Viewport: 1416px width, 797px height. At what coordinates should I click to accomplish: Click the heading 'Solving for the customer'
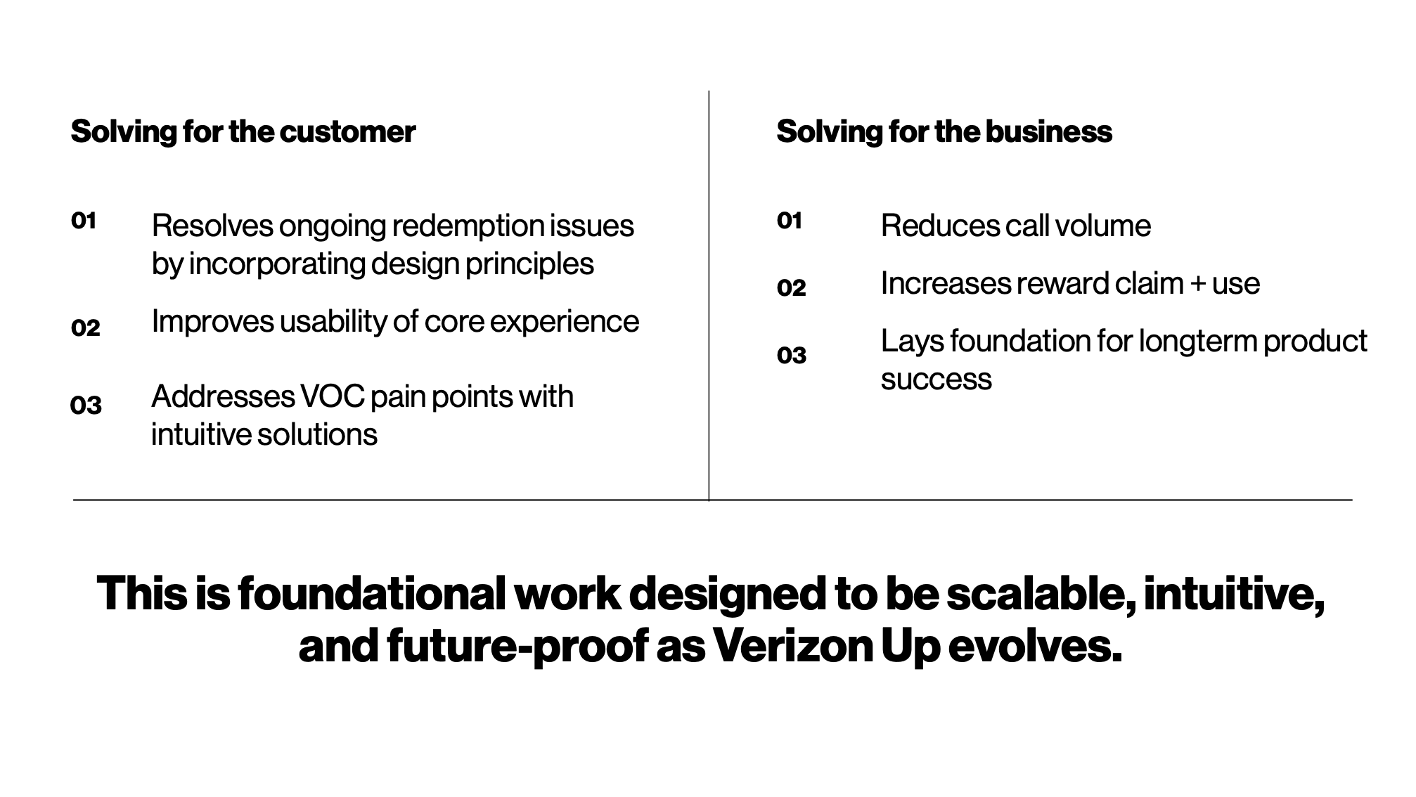pyautogui.click(x=243, y=132)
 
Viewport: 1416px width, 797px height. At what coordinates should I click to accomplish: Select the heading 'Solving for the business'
pyautogui.click(x=944, y=132)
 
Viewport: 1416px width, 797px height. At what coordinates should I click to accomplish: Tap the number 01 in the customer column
pyautogui.click(x=84, y=221)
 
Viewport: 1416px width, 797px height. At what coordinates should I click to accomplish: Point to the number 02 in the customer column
pyautogui.click(x=86, y=328)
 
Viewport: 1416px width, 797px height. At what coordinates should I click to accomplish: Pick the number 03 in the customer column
pyautogui.click(x=86, y=405)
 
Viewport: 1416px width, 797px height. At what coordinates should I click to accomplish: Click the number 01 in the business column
pyautogui.click(x=790, y=221)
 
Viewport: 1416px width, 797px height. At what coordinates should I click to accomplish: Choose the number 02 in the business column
pyautogui.click(x=792, y=287)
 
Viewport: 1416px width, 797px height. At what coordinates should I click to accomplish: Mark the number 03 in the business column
pyautogui.click(x=792, y=355)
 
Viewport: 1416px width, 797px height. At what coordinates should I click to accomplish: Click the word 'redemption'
pyautogui.click(x=466, y=227)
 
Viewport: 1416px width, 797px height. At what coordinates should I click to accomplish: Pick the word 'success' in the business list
pyautogui.click(x=937, y=380)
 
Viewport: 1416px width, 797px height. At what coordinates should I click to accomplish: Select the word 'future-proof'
pyautogui.click(x=517, y=647)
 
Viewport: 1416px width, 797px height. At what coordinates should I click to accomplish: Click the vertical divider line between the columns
pyautogui.click(x=709, y=295)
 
